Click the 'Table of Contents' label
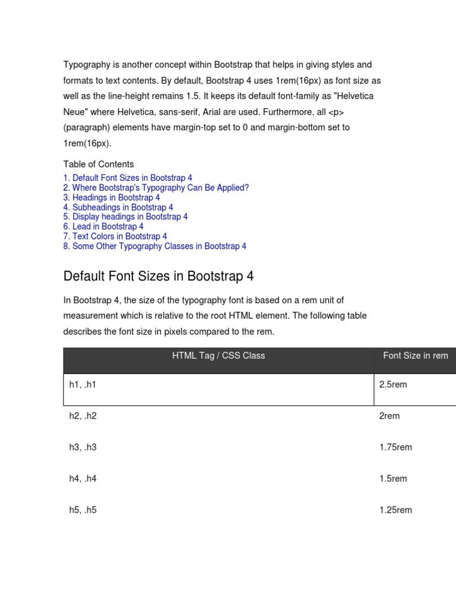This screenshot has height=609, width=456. [x=99, y=164]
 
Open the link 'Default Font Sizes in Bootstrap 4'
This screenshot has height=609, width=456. [x=128, y=178]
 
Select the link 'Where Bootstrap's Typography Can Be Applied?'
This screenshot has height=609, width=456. [x=156, y=188]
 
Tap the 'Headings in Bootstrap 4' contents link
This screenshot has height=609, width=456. [x=112, y=197]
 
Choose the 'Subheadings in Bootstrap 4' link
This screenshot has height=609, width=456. [x=118, y=208]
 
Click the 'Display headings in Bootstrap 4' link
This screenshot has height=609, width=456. [x=125, y=217]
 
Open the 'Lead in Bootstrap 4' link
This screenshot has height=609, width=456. [x=103, y=227]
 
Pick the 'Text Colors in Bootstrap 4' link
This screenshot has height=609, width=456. [x=115, y=236]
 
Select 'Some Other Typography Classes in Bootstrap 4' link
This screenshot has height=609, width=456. [x=155, y=246]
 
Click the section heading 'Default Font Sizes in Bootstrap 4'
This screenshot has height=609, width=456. [x=159, y=277]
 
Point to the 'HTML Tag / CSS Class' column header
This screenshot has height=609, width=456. [x=218, y=356]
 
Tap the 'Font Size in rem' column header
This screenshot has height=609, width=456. [x=416, y=356]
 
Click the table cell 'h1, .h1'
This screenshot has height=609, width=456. [x=83, y=385]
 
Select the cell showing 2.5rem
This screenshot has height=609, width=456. [x=393, y=385]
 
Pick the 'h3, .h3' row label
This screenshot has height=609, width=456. [x=83, y=447]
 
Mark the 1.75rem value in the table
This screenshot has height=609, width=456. [x=395, y=447]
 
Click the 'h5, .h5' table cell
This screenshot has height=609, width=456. [x=83, y=510]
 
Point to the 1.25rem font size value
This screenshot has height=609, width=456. [x=395, y=510]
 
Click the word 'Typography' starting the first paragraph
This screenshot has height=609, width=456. [x=86, y=64]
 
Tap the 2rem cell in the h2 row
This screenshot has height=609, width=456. [x=389, y=416]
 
